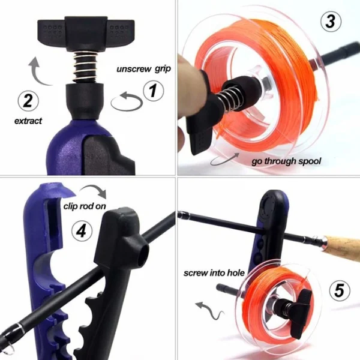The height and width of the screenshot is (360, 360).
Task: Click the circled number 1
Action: coord(153,91)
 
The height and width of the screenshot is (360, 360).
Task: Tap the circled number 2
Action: coord(28,101)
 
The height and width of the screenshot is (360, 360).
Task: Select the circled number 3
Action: coord(331,22)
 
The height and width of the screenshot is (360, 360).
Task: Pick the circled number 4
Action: coord(82,231)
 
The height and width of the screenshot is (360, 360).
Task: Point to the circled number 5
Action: coord(340,290)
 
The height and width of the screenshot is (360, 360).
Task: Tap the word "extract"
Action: coord(28,121)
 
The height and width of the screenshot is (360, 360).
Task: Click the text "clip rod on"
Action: coord(85,206)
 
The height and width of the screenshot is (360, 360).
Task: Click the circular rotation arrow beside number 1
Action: coord(127,101)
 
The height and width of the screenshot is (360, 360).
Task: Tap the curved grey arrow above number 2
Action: coord(39,71)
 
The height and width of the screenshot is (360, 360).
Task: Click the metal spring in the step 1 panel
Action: coord(85,67)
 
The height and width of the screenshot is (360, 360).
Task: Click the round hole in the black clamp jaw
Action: coord(143,253)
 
